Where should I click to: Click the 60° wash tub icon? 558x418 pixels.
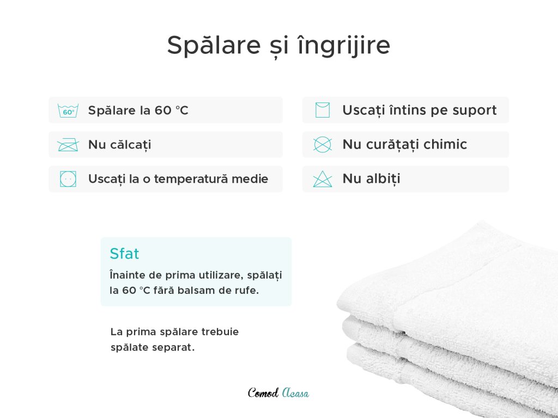pos(68,110)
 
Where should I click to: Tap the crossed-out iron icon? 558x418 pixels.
pos(68,145)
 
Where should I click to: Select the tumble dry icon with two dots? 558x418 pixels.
pos(68,179)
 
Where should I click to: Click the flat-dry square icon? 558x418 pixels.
pos(323,110)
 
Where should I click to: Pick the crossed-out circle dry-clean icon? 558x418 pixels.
pos(323,145)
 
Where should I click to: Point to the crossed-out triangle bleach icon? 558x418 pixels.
pos(323,179)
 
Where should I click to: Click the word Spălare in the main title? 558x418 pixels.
pos(214,46)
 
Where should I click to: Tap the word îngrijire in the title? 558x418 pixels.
pos(344,46)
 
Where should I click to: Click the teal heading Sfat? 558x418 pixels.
pos(124,254)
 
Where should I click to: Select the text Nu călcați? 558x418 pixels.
pos(119,145)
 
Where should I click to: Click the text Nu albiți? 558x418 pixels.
pos(371,179)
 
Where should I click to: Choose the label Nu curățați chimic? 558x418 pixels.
pos(405,144)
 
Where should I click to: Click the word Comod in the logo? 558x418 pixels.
pos(263,392)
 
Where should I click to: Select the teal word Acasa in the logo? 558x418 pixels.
pos(295,392)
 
